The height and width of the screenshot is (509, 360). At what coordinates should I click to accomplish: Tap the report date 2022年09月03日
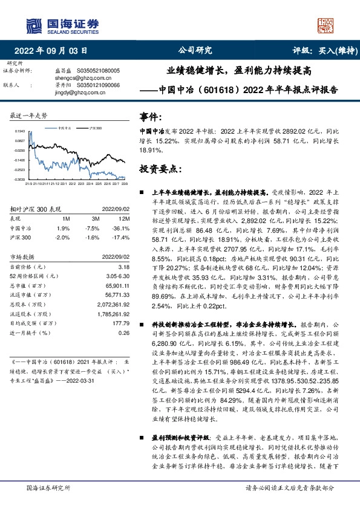point(54,51)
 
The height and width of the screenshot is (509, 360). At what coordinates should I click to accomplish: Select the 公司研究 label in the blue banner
point(195,51)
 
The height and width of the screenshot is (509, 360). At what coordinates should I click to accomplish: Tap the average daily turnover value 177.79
point(120,324)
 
